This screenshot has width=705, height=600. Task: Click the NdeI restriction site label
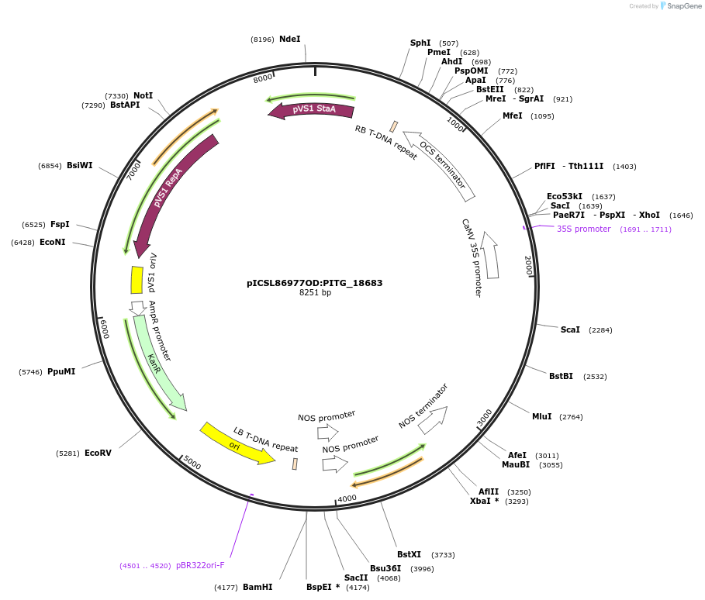(x=289, y=39)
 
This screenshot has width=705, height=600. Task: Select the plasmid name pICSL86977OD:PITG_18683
(x=314, y=283)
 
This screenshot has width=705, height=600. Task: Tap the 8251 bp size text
(x=314, y=293)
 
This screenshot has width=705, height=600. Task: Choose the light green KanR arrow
(x=158, y=360)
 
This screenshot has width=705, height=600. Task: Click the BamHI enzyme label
(x=257, y=587)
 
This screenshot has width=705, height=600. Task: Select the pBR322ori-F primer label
(x=200, y=566)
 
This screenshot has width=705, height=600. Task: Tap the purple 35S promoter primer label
(x=583, y=229)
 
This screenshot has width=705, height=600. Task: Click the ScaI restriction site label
(x=570, y=329)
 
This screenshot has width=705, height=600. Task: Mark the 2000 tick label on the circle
(x=528, y=265)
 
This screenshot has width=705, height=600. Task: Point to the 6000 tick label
(x=104, y=330)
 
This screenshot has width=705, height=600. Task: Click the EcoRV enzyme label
(x=98, y=453)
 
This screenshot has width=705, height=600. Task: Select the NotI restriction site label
(x=143, y=95)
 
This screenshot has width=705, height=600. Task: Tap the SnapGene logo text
(x=683, y=6)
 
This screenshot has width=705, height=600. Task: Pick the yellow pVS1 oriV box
(x=137, y=280)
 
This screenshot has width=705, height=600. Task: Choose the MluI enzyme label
(x=541, y=416)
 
